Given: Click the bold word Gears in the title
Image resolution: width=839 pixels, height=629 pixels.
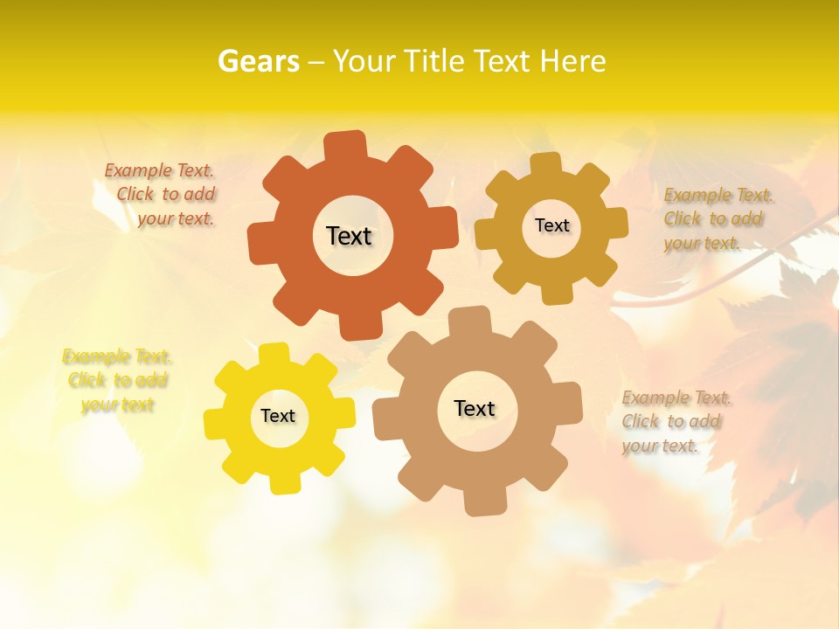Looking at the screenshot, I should (x=257, y=61).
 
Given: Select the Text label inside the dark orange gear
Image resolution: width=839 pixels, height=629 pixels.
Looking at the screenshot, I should (x=349, y=236).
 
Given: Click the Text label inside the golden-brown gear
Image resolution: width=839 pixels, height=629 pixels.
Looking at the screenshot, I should (x=551, y=225).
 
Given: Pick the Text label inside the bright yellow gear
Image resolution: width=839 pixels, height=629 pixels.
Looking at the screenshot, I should (x=278, y=416).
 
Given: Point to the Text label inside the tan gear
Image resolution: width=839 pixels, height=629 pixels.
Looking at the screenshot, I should (x=475, y=408).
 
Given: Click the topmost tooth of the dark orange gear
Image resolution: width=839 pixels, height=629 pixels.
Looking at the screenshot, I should (x=347, y=144).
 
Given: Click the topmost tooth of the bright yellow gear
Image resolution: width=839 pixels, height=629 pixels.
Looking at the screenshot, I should (x=274, y=354).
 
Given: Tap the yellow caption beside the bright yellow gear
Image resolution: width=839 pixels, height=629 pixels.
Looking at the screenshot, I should (x=117, y=380).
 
